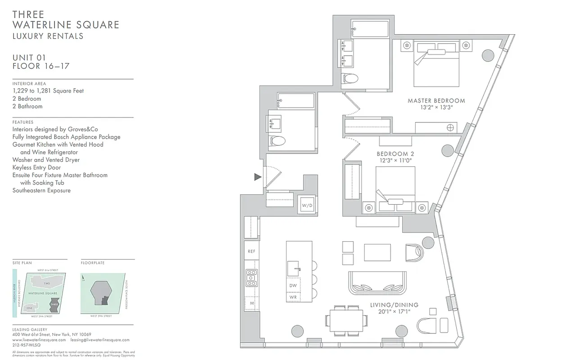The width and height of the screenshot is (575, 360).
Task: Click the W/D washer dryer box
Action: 307,205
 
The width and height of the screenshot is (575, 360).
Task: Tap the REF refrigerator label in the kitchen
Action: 251,252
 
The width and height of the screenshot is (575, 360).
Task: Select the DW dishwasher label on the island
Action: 293,285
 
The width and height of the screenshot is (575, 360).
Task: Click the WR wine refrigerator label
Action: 293,297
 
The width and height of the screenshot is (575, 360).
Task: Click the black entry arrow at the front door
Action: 258,177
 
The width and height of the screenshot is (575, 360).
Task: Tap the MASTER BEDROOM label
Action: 436,100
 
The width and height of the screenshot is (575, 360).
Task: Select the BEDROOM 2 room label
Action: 395,154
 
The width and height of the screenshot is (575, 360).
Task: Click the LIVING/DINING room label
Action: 394,305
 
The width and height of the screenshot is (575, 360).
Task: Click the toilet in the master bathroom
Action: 350,78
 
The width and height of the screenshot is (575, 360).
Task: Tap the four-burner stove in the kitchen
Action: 251,278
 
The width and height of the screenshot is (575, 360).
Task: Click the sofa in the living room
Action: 377,283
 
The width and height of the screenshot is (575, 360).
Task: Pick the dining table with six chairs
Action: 347,320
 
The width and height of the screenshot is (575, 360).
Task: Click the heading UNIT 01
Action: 30,58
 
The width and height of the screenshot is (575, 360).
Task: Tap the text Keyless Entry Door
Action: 36,167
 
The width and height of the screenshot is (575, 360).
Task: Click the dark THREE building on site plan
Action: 55,305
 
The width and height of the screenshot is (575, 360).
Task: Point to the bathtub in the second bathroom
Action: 296,100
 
